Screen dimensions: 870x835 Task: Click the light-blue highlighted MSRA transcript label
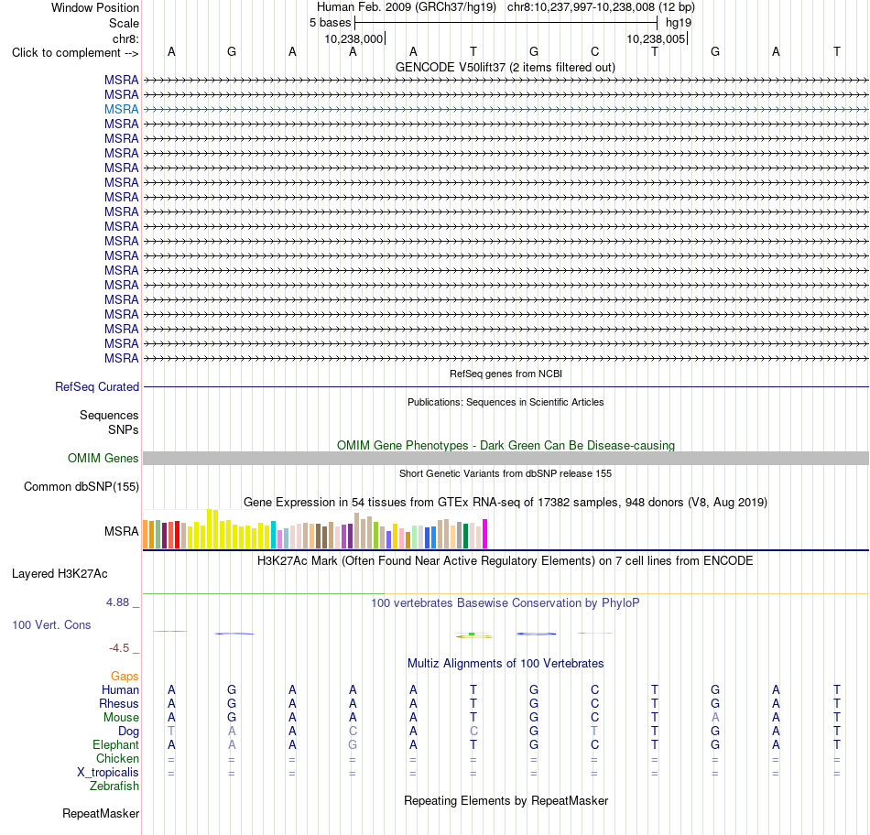click(121, 109)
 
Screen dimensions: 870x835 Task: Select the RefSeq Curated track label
click(97, 386)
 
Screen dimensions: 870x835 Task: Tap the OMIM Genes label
click(103, 459)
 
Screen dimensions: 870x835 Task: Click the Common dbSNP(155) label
click(81, 486)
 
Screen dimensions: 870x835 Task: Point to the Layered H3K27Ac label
click(60, 574)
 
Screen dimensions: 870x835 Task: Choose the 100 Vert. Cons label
click(51, 624)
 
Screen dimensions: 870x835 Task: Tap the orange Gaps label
click(125, 676)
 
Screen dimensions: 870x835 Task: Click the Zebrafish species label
click(114, 786)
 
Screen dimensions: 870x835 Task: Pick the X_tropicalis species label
click(108, 773)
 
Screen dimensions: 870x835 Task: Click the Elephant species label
click(115, 744)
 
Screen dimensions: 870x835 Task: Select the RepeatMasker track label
click(101, 813)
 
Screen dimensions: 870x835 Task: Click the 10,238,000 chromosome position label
click(353, 38)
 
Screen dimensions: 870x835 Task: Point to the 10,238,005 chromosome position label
click(656, 38)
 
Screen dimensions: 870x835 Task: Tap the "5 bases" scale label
click(330, 23)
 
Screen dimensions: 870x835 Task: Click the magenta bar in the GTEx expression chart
click(485, 534)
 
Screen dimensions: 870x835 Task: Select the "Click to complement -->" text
click(75, 53)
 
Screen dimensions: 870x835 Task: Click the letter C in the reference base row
click(594, 51)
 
